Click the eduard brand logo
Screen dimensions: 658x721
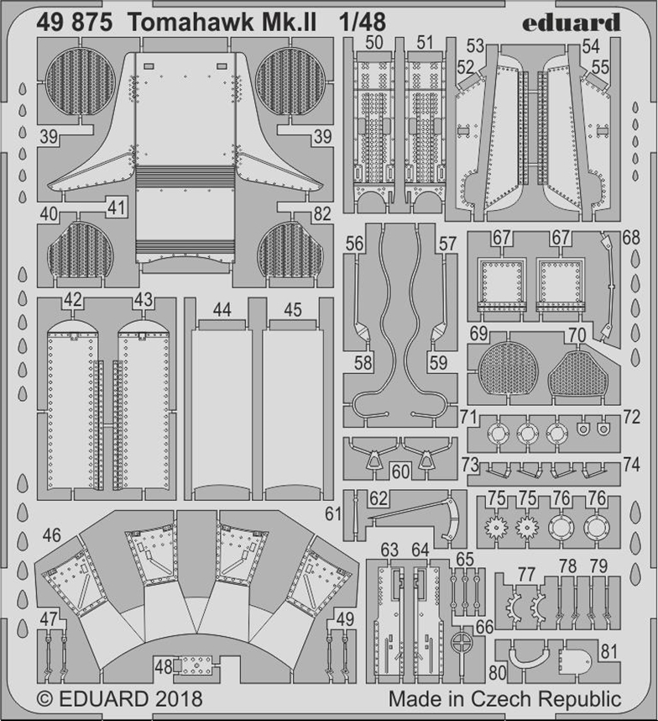[571, 22]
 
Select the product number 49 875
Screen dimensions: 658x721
[75, 23]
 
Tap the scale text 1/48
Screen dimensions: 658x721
[362, 23]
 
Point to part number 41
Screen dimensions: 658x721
[116, 208]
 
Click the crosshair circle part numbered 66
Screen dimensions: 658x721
[462, 644]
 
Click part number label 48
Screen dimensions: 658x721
[164, 666]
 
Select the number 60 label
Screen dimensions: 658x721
[401, 471]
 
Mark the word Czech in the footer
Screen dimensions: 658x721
[504, 699]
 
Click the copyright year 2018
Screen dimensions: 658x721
[178, 699]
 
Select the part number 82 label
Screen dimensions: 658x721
[322, 213]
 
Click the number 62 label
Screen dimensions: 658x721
[379, 498]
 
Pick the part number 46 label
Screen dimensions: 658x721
[51, 534]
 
